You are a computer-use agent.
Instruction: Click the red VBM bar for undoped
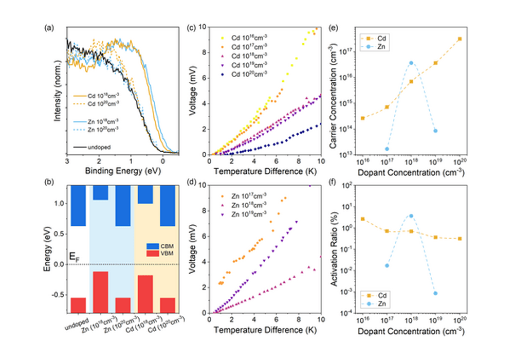tap(78, 305)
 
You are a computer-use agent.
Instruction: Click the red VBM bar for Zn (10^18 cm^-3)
tap(100, 292)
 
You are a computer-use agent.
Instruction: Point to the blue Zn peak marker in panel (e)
tap(411, 63)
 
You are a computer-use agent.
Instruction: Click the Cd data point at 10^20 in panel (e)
tap(460, 39)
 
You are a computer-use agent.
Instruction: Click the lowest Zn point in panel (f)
tap(435, 293)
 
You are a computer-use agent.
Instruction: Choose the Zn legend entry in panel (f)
tap(379, 304)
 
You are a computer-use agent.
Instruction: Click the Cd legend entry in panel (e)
tap(379, 38)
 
